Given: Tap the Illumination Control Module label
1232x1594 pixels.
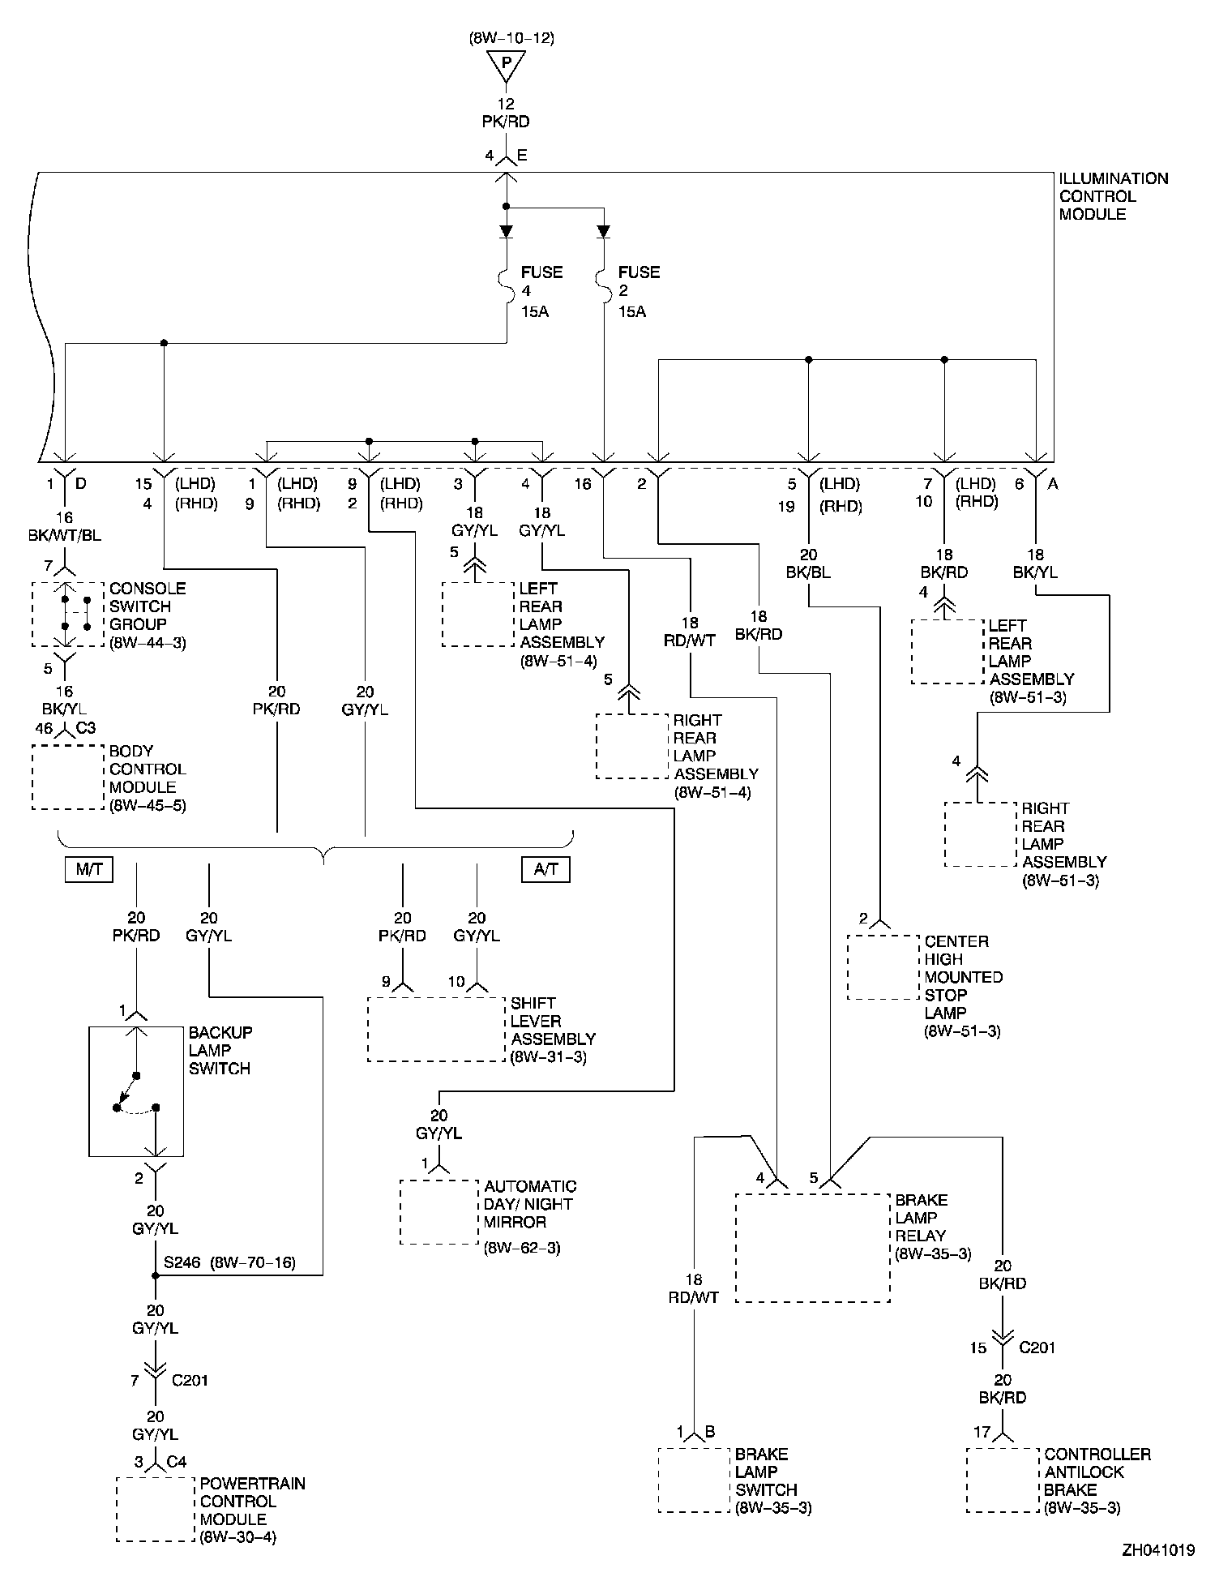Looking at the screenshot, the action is pos(1114,196).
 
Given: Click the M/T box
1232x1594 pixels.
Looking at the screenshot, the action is pos(89,869).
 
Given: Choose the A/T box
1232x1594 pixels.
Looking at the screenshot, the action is pos(545,869).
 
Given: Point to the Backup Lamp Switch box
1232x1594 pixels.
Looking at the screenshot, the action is pos(136,1091).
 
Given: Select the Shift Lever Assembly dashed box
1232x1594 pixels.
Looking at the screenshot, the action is pos(436,1029).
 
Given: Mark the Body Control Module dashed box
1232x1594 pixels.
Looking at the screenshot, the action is pos(68,777).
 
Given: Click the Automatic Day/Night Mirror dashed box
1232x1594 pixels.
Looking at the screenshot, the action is pos(438,1212).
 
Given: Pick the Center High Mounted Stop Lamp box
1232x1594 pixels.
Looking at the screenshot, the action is pos(883,967).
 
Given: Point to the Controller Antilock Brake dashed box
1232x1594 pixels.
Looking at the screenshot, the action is pos(1003,1480).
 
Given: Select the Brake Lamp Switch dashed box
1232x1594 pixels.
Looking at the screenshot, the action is pos(693,1480).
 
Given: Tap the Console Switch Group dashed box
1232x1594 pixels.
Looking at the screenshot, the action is pos(68,614).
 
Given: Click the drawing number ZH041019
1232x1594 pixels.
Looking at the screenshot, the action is pos(1158,1550).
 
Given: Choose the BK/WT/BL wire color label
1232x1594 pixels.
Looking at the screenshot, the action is pos(64,536).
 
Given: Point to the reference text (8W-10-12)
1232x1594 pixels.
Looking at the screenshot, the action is pos(511,37).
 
